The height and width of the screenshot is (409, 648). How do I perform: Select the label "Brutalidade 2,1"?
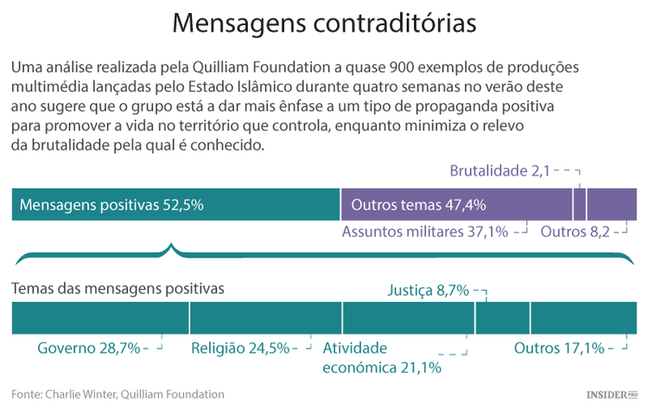coord(499,170)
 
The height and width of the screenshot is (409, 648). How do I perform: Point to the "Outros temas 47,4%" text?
coord(419,205)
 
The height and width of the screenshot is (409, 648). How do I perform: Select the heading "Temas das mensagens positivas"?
coord(118,287)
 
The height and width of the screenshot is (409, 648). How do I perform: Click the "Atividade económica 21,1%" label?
coord(381,357)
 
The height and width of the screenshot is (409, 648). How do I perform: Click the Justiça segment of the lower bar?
coord(502,318)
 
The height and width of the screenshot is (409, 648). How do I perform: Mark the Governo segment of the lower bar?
coord(100,318)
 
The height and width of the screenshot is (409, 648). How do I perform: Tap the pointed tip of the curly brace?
coord(174,246)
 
